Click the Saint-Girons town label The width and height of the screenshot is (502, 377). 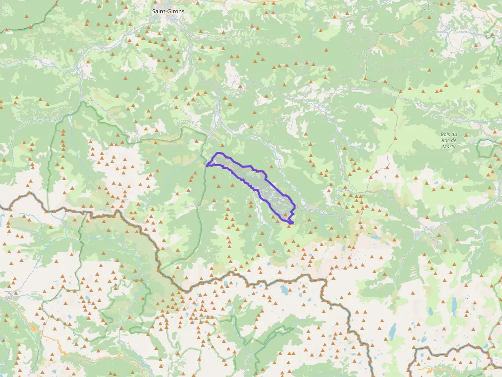[169, 11]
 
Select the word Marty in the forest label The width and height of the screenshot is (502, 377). [448, 146]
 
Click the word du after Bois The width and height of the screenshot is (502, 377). [454, 135]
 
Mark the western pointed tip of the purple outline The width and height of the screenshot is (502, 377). [206, 165]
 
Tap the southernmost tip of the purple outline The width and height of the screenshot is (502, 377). [291, 224]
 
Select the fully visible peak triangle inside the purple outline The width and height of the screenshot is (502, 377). [285, 215]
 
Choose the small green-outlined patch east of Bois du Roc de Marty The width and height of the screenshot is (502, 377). [484, 148]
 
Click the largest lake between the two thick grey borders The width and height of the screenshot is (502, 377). [283, 291]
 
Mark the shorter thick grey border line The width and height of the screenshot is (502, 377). [451, 350]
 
